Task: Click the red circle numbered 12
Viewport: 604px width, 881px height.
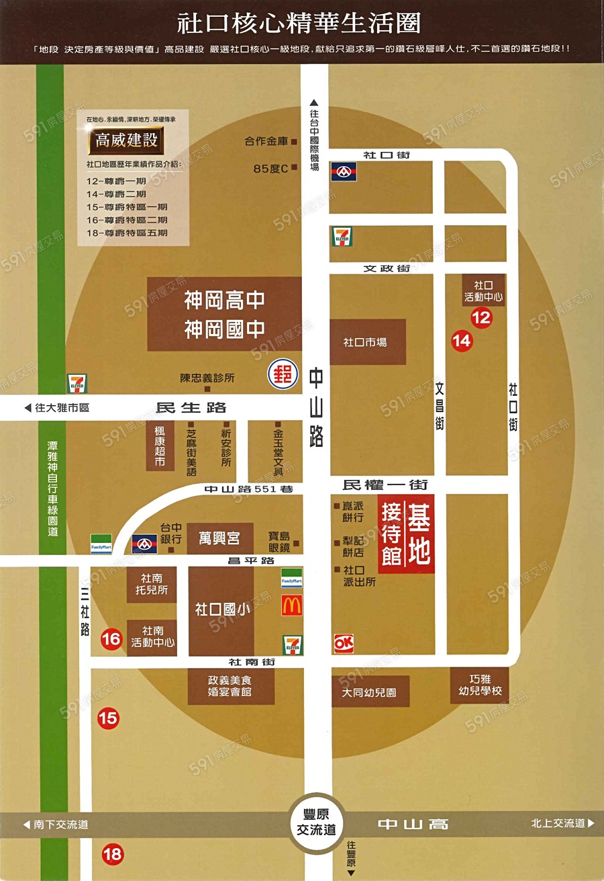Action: [481, 317]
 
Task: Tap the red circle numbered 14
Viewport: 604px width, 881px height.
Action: [462, 341]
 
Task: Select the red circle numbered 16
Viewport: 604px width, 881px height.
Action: [111, 639]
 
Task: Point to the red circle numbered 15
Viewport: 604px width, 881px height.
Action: [108, 718]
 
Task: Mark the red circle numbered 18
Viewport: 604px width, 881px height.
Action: [113, 855]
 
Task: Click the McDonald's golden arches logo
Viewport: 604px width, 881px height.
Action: [292, 606]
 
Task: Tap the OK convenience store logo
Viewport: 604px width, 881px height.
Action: [344, 643]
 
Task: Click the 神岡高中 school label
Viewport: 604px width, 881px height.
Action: [224, 300]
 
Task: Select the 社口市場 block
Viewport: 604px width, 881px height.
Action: [367, 342]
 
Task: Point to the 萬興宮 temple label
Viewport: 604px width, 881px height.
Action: [220, 538]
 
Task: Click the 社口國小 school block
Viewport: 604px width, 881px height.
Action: [221, 610]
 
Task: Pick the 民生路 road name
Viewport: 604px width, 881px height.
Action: [191, 407]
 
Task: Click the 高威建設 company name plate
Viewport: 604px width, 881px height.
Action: [126, 141]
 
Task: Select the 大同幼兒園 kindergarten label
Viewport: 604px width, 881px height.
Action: [370, 691]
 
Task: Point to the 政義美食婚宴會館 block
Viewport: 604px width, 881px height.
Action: [231, 686]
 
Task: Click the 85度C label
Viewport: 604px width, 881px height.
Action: [270, 169]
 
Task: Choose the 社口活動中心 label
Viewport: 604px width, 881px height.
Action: [483, 290]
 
